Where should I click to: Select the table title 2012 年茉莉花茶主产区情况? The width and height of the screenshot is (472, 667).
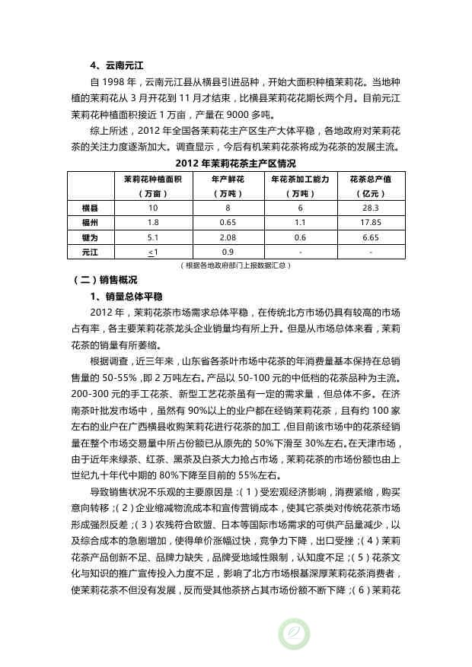(x=235, y=164)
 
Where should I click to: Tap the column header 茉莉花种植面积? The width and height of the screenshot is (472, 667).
(x=153, y=179)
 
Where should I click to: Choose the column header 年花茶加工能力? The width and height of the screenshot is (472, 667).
(x=300, y=179)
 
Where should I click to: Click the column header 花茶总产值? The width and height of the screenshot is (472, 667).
(x=371, y=179)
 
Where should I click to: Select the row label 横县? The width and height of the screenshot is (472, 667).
(x=89, y=208)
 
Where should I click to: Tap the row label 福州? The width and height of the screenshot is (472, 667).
(x=89, y=222)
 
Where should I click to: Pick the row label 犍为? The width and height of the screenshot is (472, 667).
(x=89, y=237)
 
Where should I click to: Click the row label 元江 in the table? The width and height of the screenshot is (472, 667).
(x=89, y=251)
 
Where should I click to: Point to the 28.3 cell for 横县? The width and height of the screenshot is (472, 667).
(x=371, y=208)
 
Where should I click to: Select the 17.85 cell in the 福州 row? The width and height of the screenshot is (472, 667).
(x=371, y=222)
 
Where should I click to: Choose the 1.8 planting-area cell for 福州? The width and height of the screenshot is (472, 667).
(x=153, y=222)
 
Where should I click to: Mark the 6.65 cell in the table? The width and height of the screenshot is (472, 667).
(x=371, y=237)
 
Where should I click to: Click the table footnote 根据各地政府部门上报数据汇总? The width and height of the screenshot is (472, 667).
(x=235, y=265)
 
